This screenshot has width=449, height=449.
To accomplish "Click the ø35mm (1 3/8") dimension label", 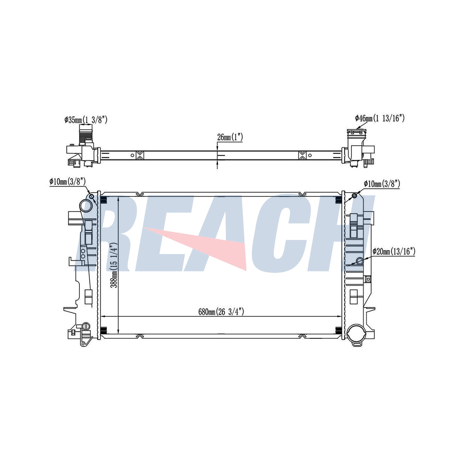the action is (86, 120).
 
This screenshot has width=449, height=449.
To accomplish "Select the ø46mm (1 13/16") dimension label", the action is (380, 118).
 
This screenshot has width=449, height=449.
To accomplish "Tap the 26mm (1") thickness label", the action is (230, 137).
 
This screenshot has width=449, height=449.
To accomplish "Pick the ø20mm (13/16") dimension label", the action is (394, 251).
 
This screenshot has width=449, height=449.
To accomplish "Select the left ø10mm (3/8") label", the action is (67, 182).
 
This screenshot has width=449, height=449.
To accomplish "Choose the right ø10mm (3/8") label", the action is (382, 184).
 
